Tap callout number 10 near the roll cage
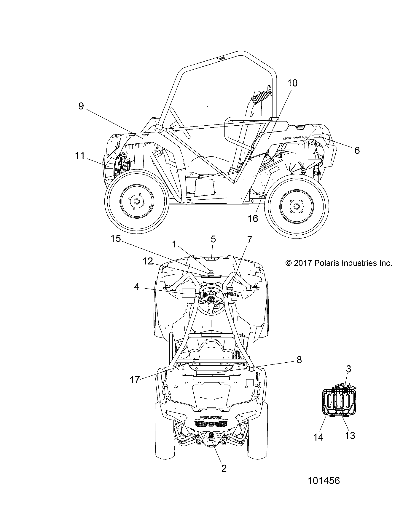click(292, 83)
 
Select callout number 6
click(357, 150)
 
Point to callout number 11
click(79, 156)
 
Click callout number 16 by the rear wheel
click(253, 218)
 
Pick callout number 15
click(116, 239)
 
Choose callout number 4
click(137, 287)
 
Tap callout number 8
click(299, 360)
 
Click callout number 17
click(135, 380)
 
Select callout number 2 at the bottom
click(224, 468)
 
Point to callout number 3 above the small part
click(348, 369)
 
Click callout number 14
click(318, 437)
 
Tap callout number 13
click(350, 436)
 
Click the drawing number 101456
click(324, 481)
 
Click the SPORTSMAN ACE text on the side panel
click(295, 137)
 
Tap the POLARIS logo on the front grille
click(211, 417)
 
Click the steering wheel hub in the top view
click(211, 299)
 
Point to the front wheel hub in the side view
click(136, 201)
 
